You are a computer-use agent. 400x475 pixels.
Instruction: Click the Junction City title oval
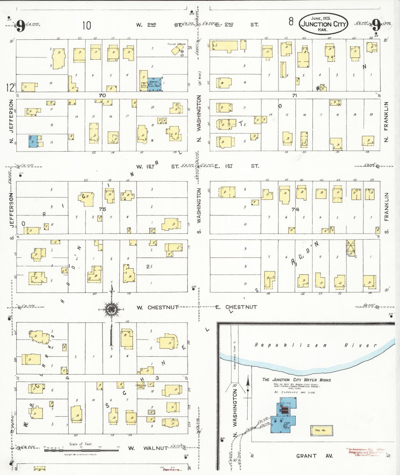tap(323, 24)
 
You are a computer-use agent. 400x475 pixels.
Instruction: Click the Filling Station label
tap(176, 44)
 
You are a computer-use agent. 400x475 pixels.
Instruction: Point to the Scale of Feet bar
tap(81, 450)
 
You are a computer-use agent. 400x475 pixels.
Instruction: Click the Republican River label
tap(316, 345)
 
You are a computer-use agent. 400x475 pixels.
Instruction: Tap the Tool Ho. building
tap(321, 430)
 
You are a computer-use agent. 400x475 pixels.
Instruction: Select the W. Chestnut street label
tap(158, 308)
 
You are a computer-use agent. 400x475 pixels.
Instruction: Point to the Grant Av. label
tap(314, 456)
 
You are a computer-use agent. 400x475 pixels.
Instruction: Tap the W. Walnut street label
tap(148, 448)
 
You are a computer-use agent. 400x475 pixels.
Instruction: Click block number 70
tap(102, 95)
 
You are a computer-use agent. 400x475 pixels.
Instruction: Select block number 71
tap(294, 95)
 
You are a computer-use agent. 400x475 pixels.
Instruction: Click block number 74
tap(295, 210)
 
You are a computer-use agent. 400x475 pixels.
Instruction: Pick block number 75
tap(102, 209)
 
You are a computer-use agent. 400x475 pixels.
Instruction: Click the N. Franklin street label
tap(386, 122)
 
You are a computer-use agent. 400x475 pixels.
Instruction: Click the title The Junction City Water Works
tap(296, 380)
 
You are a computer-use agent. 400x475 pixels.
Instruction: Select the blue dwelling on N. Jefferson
tap(33, 141)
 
